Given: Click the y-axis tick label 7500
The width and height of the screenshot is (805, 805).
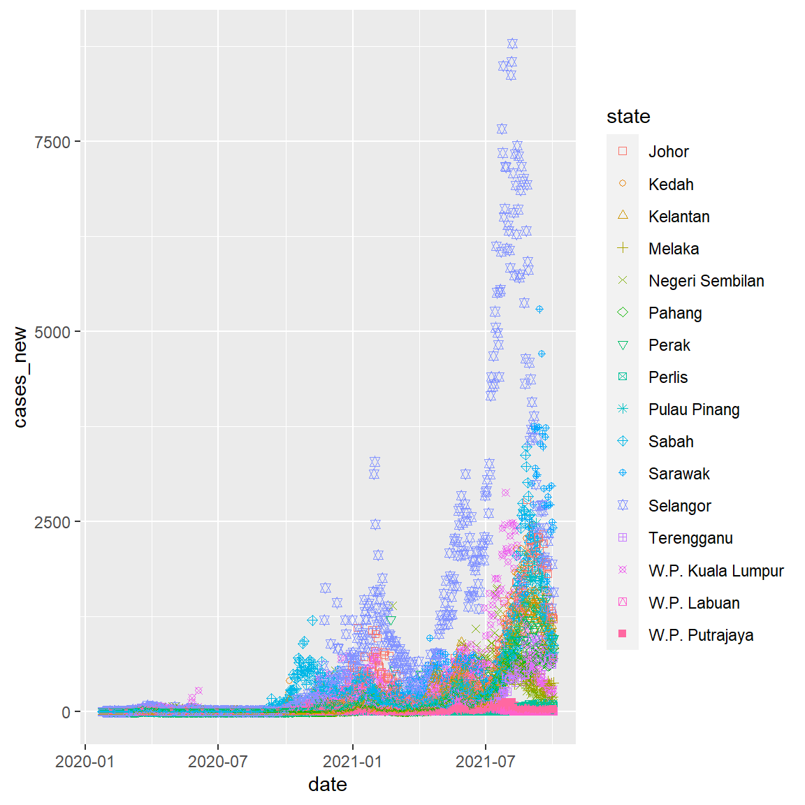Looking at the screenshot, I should (x=52, y=142).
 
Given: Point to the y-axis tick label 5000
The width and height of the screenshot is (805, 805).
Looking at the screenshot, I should (x=52, y=332).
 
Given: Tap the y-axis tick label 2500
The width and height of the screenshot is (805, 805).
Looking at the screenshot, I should (x=52, y=522).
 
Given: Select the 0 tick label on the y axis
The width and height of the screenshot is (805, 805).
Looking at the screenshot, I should (x=66, y=713).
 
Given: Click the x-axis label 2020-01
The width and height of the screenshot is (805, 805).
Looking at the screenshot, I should (x=85, y=761).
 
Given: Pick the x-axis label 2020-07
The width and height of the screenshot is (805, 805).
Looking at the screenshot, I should (x=218, y=761).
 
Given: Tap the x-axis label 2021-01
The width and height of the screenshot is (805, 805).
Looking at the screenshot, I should (x=352, y=761).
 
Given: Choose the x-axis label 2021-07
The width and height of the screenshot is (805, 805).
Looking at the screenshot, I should (x=485, y=761).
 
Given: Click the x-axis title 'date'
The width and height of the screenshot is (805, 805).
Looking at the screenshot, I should (x=328, y=785).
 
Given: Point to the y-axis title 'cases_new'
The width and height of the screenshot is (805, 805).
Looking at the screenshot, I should (x=20, y=377).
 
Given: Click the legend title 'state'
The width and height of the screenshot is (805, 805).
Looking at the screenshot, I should (x=628, y=117).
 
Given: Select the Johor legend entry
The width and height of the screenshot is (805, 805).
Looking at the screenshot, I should (x=668, y=152).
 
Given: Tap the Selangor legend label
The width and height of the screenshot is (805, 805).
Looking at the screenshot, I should (x=679, y=506).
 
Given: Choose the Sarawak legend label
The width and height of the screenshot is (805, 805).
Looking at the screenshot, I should (x=679, y=474).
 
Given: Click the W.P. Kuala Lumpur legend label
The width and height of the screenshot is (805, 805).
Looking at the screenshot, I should (x=716, y=571).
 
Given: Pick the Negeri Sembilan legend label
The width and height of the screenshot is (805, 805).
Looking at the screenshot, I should (x=706, y=281).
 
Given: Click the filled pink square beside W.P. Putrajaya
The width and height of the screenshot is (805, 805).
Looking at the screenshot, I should (x=623, y=634).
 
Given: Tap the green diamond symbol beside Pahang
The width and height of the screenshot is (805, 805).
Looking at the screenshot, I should (x=623, y=312).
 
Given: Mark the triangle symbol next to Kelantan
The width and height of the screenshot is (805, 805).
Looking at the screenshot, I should (x=623, y=215).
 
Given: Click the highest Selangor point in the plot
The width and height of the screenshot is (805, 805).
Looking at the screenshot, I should (x=512, y=44).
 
